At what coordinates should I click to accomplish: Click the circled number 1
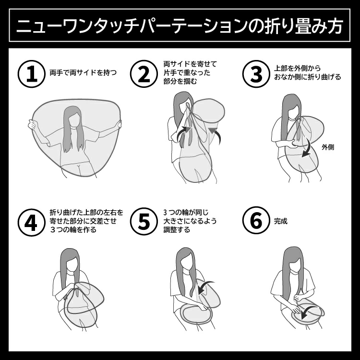coord(32,74)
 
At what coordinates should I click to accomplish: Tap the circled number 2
coord(144,74)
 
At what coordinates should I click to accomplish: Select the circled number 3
coord(256,74)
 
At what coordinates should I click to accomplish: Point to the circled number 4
coord(32,222)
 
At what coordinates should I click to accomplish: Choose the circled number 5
coord(144,222)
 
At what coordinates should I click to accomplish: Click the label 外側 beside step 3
coord(328,147)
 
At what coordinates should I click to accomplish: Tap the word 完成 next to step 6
coord(281,221)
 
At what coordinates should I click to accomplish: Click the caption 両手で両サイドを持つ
coord(83,73)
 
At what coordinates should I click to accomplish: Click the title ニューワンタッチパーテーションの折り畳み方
coord(180,25)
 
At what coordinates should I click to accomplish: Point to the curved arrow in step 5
coord(205,286)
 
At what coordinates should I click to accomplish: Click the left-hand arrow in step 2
coord(183,132)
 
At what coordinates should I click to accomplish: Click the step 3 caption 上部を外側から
coord(297,69)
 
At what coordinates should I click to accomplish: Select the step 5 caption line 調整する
coord(177,229)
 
